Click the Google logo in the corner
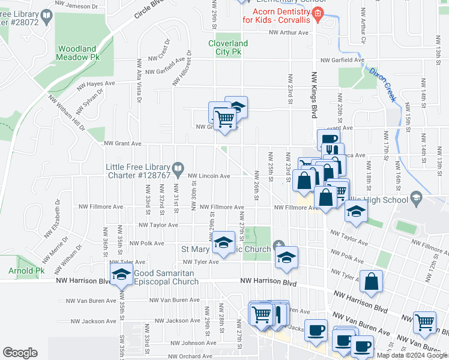click(20, 353)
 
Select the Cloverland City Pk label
click(228, 47)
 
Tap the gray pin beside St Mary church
click(277, 246)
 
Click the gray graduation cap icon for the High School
click(415, 197)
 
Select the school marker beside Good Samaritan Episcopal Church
click(122, 274)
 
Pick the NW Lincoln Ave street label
click(209, 176)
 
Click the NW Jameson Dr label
click(77, 5)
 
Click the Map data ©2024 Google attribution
click(412, 355)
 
